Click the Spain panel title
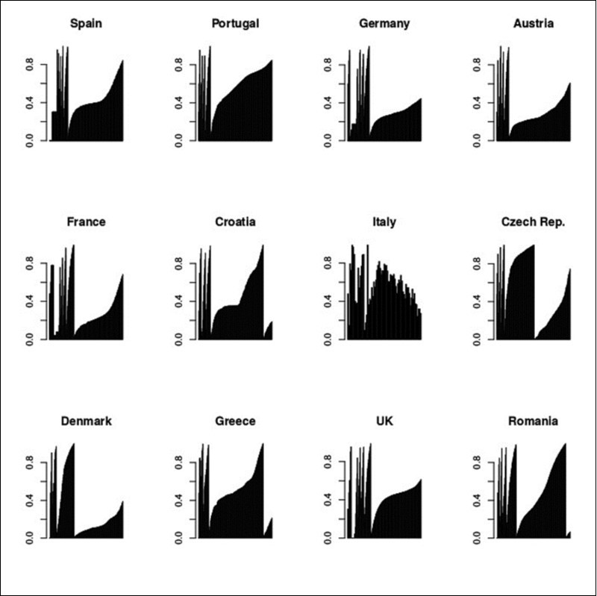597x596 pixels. [x=87, y=24]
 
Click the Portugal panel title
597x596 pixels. [x=235, y=24]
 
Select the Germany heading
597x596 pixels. [x=384, y=24]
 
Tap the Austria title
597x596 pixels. [x=534, y=24]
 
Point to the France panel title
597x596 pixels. [x=87, y=222]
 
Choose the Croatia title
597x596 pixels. [x=235, y=222]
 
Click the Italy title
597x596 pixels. [x=384, y=222]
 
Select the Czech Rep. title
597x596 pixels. [x=534, y=222]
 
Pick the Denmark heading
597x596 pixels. [x=87, y=421]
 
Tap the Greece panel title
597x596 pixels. [x=235, y=421]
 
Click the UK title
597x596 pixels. [x=384, y=421]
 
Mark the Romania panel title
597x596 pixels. [x=534, y=421]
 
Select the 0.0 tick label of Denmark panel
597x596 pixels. [x=30, y=537]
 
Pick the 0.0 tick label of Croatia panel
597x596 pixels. [x=179, y=339]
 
